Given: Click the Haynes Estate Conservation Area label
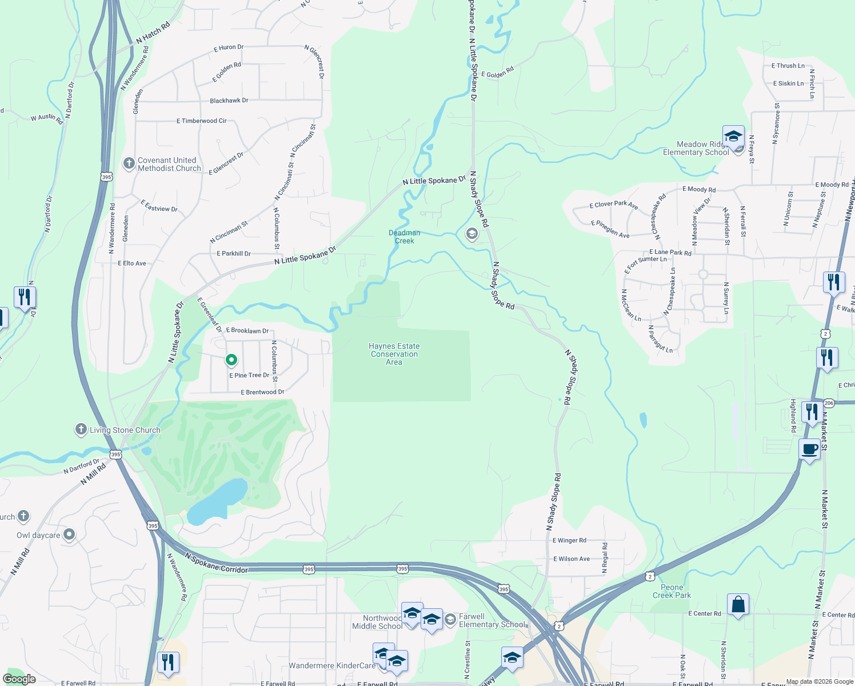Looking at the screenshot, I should (x=394, y=354).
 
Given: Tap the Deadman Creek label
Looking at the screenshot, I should (x=404, y=237).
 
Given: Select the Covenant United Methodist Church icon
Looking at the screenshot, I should (x=129, y=163).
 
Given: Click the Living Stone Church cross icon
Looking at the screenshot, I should (x=81, y=429).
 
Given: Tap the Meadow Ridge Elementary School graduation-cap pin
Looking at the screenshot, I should (x=733, y=137).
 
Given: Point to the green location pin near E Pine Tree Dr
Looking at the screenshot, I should (x=231, y=360).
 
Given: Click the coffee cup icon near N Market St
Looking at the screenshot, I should (x=809, y=449).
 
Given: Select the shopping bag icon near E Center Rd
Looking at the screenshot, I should (x=738, y=605).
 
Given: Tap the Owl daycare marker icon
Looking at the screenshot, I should (x=69, y=535).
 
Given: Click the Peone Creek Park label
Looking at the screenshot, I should (x=672, y=591).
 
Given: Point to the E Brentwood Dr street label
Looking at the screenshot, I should (x=262, y=392).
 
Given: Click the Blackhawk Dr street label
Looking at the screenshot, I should (x=229, y=101).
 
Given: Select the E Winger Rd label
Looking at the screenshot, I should (x=569, y=540).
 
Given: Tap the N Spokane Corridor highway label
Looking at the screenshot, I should (x=217, y=563).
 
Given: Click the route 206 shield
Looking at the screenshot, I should (x=829, y=403).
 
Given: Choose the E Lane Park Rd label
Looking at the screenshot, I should (x=670, y=252).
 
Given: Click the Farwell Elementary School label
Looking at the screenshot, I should (x=492, y=620).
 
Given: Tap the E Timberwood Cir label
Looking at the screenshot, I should (x=201, y=121).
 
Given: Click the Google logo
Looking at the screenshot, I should (x=19, y=679).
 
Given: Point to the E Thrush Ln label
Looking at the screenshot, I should (x=788, y=66).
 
